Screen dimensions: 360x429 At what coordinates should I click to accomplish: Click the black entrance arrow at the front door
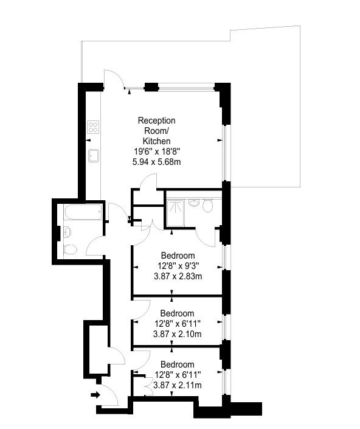click(x=95, y=394)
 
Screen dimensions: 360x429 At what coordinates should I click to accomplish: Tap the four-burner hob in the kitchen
click(x=93, y=127)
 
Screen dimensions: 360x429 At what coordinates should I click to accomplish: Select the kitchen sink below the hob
click(x=94, y=155)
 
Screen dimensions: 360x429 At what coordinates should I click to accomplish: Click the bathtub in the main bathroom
click(x=83, y=212)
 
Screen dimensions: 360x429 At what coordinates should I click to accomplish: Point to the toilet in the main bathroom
click(x=71, y=249)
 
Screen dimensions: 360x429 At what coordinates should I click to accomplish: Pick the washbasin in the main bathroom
click(x=67, y=232)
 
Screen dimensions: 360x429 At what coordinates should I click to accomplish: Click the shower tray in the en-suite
click(x=175, y=214)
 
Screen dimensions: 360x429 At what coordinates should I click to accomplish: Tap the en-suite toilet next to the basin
click(x=208, y=205)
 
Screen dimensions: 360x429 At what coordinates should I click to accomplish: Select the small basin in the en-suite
click(x=194, y=203)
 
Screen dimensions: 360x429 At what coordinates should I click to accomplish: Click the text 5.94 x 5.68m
click(x=157, y=162)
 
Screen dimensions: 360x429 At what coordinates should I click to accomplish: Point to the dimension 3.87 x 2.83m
click(x=178, y=276)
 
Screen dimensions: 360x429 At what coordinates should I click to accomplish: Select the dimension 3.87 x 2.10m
click(x=178, y=334)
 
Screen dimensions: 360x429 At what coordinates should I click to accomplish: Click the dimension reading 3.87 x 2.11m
click(x=178, y=385)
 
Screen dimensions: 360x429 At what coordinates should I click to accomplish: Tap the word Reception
click(x=157, y=120)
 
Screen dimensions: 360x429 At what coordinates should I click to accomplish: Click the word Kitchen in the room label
click(x=157, y=141)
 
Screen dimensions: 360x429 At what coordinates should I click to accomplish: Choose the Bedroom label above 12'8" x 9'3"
click(x=178, y=256)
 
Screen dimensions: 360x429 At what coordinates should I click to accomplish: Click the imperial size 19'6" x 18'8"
click(x=157, y=152)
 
